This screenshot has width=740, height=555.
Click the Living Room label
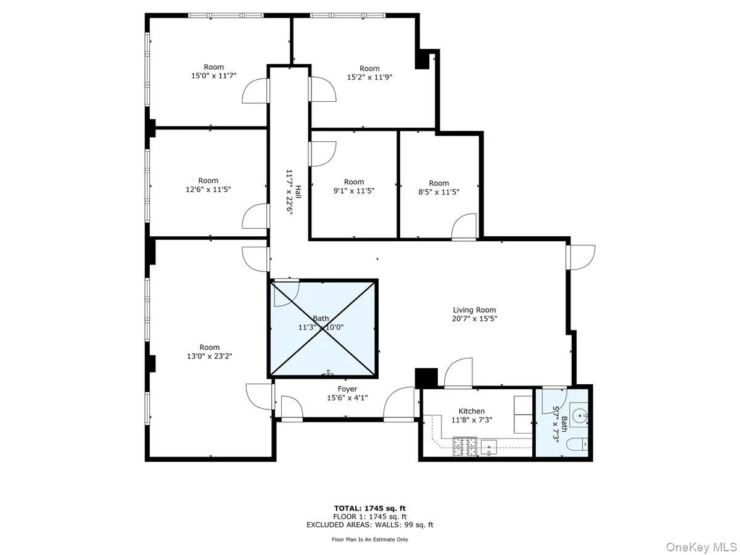coord(474,310)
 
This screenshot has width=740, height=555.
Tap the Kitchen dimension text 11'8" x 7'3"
coord(471,421)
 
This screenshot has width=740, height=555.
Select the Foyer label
coord(347,389)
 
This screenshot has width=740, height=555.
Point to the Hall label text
coord(298,192)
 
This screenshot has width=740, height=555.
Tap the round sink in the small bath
coord(579,415)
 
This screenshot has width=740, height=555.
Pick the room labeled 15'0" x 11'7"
coord(214,72)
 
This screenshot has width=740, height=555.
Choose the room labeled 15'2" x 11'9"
coord(369,73)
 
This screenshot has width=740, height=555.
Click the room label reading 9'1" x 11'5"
coord(354,186)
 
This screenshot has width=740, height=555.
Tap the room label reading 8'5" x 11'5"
coord(438,187)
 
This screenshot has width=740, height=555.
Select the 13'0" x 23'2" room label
coord(209,351)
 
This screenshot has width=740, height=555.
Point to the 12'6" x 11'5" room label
coord(208,185)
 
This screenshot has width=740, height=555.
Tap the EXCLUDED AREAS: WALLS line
coord(370,525)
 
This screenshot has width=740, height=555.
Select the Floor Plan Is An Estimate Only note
coord(370,540)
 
